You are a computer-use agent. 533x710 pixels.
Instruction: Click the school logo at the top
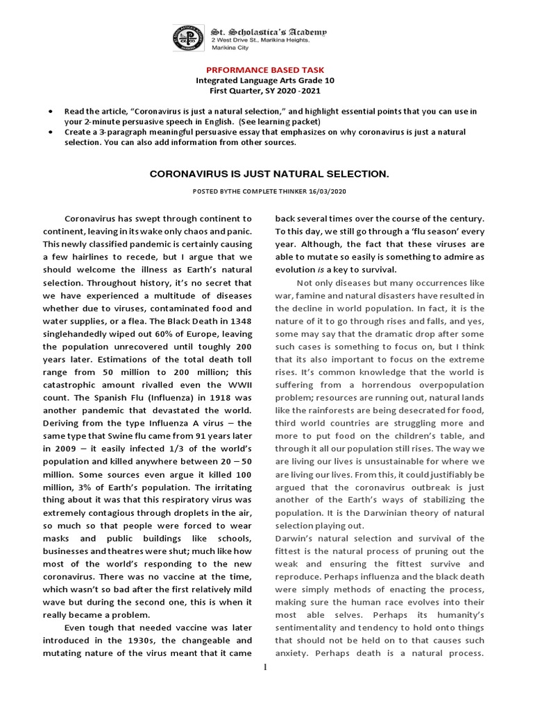pos(189,38)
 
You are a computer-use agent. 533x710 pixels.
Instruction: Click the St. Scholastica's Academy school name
pos(269,32)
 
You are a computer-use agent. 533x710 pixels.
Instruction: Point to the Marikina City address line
pos(230,49)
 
